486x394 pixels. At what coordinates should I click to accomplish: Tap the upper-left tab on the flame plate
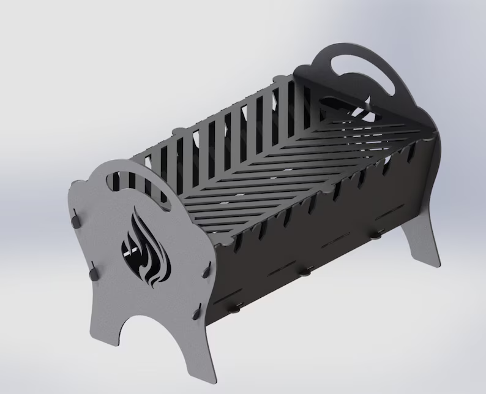[x=75, y=218]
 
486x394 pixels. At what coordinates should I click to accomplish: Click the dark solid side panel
[x=306, y=239]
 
